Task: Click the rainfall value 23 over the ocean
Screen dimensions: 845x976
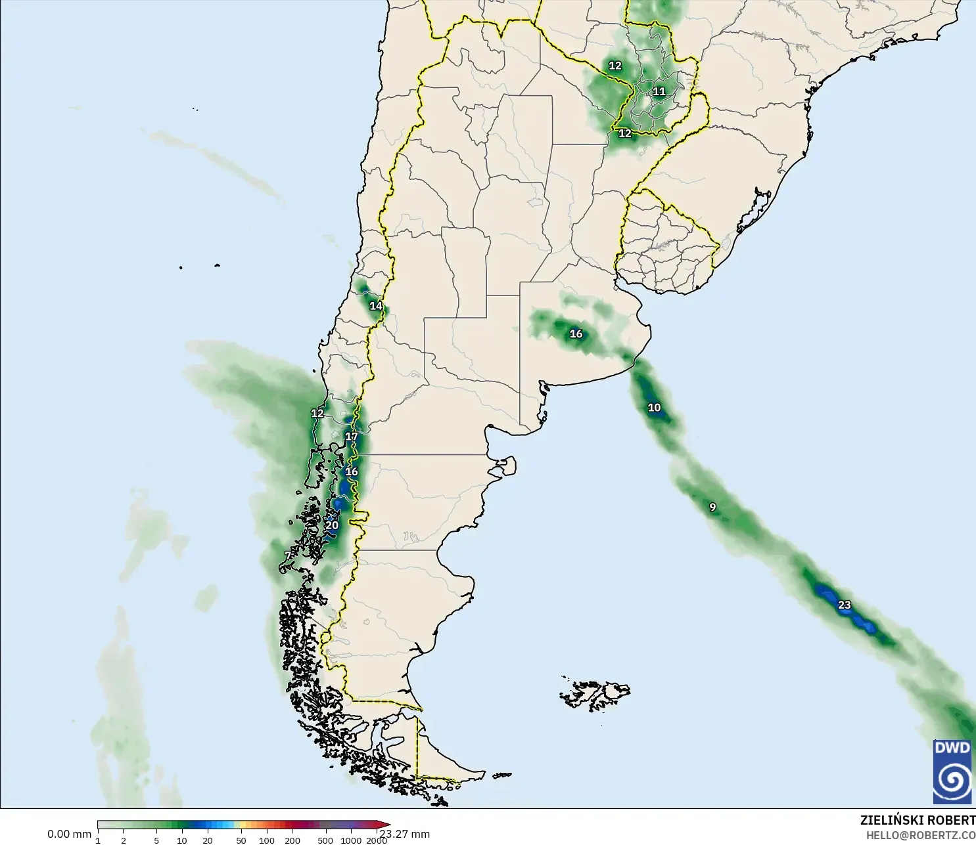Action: coord(845,605)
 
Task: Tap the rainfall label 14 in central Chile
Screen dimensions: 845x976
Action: coord(376,306)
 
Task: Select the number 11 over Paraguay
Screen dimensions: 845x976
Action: coord(659,92)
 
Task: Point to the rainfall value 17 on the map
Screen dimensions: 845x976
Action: coord(352,437)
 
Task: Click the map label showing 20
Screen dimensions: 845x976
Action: coord(332,525)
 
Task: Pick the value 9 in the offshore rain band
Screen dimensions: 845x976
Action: coord(712,508)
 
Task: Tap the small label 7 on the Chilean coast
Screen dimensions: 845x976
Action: coord(287,555)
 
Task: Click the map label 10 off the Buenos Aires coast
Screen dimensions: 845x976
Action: coord(654,408)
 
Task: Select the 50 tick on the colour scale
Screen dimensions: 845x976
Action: coord(241,840)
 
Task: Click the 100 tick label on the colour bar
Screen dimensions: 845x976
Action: coord(267,840)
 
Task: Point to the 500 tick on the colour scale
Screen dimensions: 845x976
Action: coord(325,840)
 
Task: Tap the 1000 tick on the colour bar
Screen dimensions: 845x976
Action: coord(351,840)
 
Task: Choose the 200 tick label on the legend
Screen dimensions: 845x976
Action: coord(292,840)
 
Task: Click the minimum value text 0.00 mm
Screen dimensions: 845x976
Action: coord(69,834)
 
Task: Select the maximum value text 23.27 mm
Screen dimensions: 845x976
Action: coord(406,834)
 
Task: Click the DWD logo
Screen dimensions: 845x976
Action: coord(952,771)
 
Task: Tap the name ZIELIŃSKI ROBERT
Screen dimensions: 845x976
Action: coord(918,820)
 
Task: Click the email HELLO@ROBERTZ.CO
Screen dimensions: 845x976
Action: coord(920,835)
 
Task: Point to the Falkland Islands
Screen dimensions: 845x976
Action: coord(595,694)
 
